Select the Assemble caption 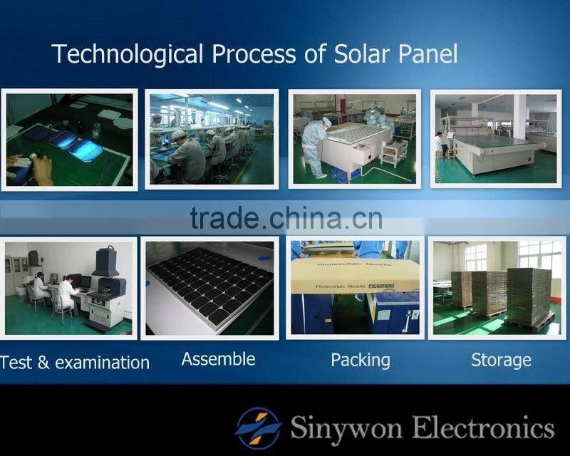coord(218,359)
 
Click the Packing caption coord(361,360)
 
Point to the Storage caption coord(501,360)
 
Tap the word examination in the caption coord(102,363)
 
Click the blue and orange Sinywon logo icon coord(259,427)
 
